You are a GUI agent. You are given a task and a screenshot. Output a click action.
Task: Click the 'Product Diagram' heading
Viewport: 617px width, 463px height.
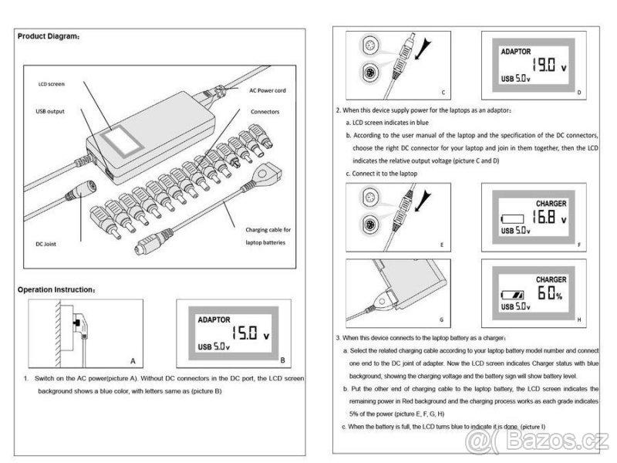click(48, 36)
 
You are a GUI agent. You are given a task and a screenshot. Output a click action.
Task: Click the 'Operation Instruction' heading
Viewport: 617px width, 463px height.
click(56, 289)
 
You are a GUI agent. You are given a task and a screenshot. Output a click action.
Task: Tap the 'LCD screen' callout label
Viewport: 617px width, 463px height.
click(52, 83)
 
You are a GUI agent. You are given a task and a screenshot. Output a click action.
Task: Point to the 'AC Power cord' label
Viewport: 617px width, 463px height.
click(268, 90)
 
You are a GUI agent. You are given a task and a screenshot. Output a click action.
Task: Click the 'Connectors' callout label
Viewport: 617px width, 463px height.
click(265, 111)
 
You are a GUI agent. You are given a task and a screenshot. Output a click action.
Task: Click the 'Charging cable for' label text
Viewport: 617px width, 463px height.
click(268, 230)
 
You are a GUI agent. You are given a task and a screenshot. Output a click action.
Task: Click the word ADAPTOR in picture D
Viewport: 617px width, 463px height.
click(516, 52)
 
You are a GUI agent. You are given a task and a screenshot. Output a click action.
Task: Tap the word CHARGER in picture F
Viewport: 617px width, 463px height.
click(551, 204)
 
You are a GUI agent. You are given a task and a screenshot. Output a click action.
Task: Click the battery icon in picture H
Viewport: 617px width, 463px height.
click(512, 296)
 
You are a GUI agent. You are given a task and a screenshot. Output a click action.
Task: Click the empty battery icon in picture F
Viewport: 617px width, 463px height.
click(511, 218)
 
